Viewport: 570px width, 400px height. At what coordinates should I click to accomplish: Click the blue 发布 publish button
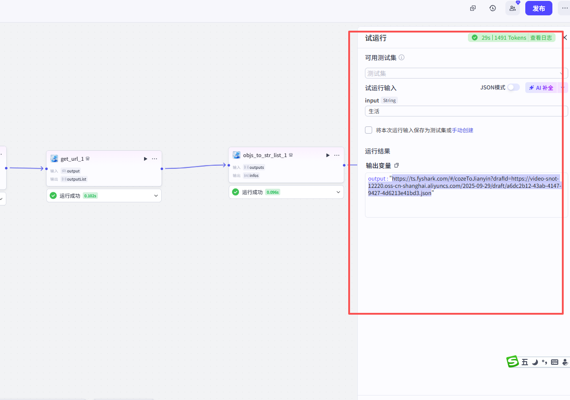coord(538,8)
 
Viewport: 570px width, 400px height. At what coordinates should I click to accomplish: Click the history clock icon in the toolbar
coord(492,8)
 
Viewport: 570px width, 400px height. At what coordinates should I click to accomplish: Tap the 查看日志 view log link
coord(541,37)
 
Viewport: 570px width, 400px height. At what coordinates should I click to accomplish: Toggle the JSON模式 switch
coord(513,88)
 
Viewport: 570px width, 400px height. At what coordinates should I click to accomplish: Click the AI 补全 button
coord(541,88)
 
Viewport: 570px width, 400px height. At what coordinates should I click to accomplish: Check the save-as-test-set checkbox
coord(369,130)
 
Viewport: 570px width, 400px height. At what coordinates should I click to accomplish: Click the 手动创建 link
coord(463,130)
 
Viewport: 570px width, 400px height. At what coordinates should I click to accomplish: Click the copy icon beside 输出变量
coord(397,165)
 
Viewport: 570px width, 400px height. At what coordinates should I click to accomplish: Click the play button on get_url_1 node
coord(145,158)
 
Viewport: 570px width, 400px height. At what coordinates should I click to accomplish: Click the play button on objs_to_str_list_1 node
coord(328,155)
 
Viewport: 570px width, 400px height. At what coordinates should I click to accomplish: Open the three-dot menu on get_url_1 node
coord(154,158)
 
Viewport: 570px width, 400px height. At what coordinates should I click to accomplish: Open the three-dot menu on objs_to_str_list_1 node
coord(336,155)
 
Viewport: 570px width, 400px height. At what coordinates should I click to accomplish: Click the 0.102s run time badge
coord(90,196)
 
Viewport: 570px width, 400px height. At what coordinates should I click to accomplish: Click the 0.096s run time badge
coord(272,192)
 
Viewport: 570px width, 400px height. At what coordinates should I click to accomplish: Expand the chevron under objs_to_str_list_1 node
coord(338,192)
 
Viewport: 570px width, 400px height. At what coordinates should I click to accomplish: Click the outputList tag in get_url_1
coord(75,179)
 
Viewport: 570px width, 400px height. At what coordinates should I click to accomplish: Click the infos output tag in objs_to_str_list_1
coord(251,176)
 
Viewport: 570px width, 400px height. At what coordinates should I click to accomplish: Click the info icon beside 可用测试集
coord(402,57)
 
